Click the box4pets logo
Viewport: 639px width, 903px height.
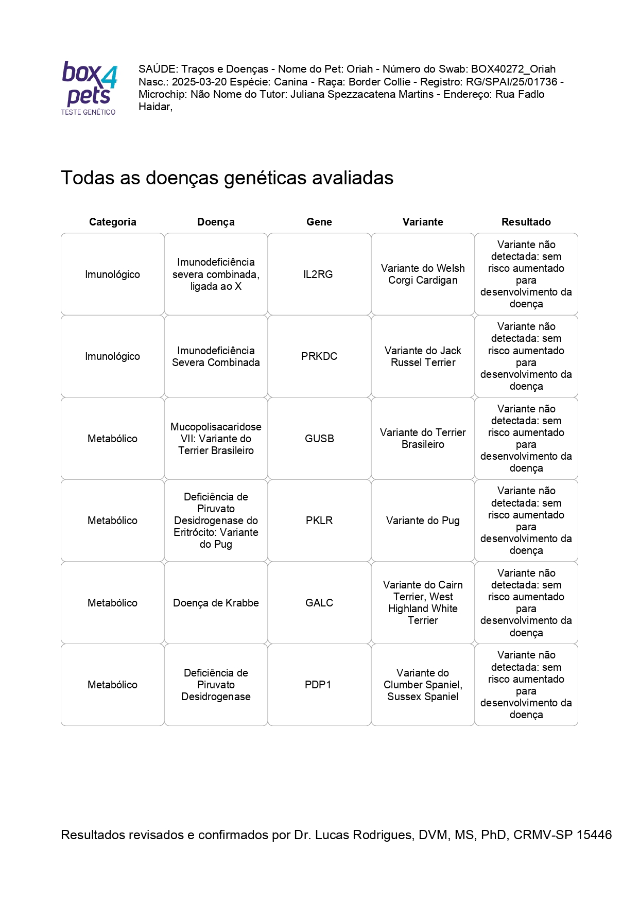(89, 88)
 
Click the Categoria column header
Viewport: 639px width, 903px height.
(112, 222)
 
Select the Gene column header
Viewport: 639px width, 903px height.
(319, 222)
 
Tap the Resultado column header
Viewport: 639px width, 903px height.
(526, 222)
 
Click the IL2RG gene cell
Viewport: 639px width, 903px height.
(318, 274)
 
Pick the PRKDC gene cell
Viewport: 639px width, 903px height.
(319, 356)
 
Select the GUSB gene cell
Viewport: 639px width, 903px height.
(319, 439)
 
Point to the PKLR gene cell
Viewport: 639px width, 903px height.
(319, 520)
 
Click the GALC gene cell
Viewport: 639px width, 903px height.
(319, 603)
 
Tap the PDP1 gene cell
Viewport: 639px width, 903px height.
(318, 685)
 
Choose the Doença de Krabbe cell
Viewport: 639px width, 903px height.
(216, 603)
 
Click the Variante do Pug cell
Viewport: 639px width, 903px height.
(423, 520)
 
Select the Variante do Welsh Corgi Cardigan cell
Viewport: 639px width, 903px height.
(423, 274)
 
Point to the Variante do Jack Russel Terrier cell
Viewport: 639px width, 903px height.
(423, 356)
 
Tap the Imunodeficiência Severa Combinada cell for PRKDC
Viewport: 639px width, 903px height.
(216, 356)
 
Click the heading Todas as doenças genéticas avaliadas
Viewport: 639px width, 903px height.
(227, 178)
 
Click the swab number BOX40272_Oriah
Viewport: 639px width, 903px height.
(513, 69)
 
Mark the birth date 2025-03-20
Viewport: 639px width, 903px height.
(199, 82)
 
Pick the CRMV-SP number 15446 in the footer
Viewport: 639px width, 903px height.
(594, 835)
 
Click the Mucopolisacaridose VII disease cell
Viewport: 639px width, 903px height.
(216, 439)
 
